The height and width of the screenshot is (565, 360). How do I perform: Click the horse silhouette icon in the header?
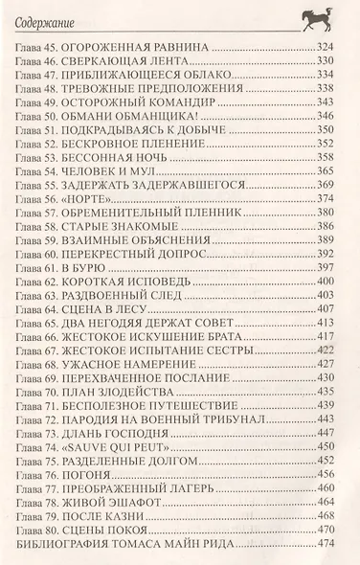(x=321, y=17)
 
